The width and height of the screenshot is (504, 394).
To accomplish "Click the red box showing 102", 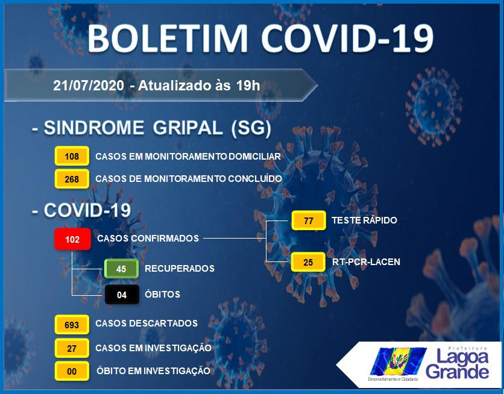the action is pyautogui.click(x=72, y=239).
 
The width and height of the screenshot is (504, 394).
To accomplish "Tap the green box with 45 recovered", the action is pyautogui.click(x=121, y=269).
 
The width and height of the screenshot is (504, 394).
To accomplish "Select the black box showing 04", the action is pyautogui.click(x=122, y=295).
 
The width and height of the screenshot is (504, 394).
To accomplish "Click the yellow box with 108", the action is pyautogui.click(x=72, y=156).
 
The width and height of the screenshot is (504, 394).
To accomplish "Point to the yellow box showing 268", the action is pyautogui.click(x=72, y=179).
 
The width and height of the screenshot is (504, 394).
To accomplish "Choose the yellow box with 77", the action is pyautogui.click(x=309, y=220).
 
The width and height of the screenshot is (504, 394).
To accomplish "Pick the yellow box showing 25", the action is pyautogui.click(x=308, y=262).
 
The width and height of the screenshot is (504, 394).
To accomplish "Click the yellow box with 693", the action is pyautogui.click(x=72, y=325).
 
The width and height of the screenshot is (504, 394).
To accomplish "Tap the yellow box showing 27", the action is pyautogui.click(x=72, y=348).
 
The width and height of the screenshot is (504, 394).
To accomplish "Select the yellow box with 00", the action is pyautogui.click(x=72, y=371).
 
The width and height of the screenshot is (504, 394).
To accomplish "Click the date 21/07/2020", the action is pyautogui.click(x=89, y=86).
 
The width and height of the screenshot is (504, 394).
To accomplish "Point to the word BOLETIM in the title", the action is pyautogui.click(x=168, y=38).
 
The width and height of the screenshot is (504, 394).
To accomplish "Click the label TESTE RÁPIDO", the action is pyautogui.click(x=364, y=220).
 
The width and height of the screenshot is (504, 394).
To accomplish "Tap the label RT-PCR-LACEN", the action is pyautogui.click(x=366, y=262).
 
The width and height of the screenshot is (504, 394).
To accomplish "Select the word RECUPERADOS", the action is pyautogui.click(x=180, y=269).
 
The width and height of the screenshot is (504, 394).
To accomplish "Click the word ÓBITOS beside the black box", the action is pyautogui.click(x=162, y=294).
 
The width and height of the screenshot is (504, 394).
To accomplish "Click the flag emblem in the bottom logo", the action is pyautogui.click(x=398, y=361).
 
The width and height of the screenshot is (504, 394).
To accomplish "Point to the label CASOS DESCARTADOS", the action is pyautogui.click(x=146, y=324).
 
